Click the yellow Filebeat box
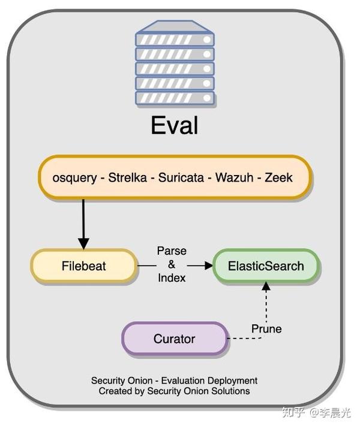83,266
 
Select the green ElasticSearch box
266,266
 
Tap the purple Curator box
174,339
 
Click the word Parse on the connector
172,251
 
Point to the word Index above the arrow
172,278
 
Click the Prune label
266,328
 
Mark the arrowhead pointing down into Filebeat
83,243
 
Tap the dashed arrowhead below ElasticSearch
266,287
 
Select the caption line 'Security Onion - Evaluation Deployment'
174,381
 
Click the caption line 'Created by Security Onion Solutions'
174,391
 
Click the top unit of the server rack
174,40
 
